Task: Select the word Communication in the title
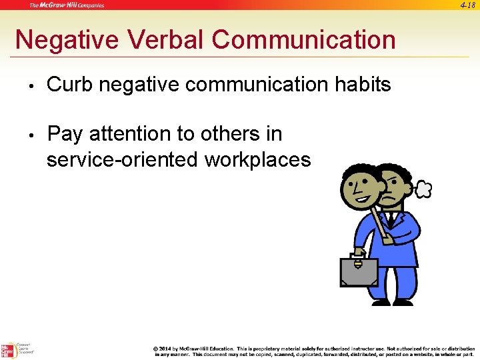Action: [x=304, y=40]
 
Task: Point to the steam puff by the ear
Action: [x=423, y=190]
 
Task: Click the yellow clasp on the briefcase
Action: [x=357, y=264]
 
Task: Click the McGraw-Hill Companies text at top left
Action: [x=66, y=5]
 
